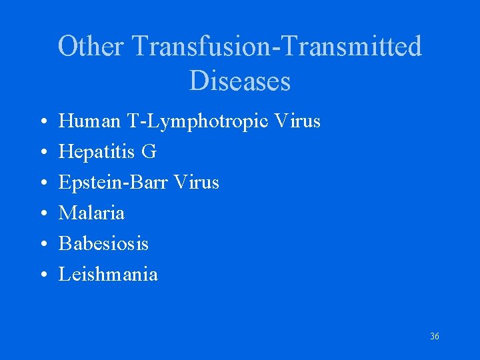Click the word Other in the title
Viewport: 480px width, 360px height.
coord(91,47)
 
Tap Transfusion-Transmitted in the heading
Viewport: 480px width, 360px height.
coord(277,47)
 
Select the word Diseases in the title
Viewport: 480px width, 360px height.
coord(240,81)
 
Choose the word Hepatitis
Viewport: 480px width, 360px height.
coord(97,153)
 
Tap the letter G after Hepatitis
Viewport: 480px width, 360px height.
coord(149,152)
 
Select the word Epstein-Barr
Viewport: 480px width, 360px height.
coord(111,183)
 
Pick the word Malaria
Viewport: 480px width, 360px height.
coord(91,213)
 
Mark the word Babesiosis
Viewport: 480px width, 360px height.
coord(103,243)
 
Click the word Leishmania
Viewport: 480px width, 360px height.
coord(108,274)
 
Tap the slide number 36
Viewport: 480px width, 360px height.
coord(435,337)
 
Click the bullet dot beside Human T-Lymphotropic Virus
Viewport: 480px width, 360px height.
coord(43,123)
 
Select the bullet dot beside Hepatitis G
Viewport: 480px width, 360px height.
coord(43,153)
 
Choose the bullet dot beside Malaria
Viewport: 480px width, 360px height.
coord(43,214)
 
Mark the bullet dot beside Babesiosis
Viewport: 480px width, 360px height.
coord(43,245)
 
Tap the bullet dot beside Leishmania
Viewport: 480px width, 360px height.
coord(43,275)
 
